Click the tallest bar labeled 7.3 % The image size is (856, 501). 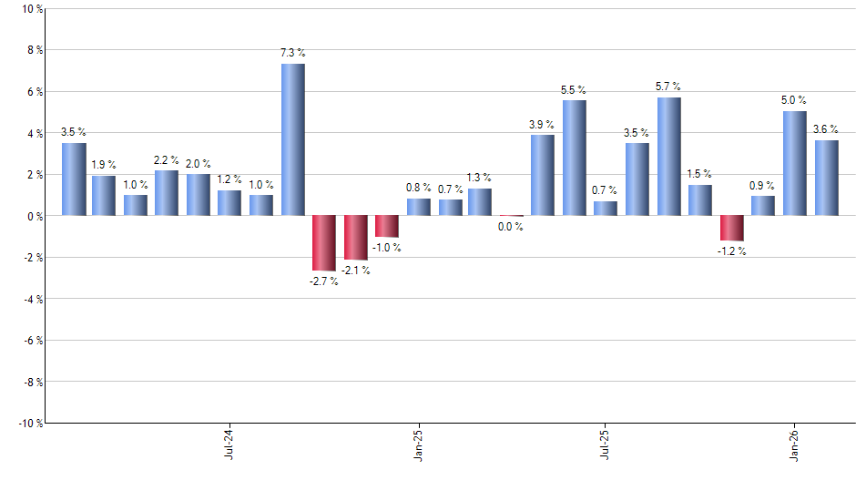pos(292,139)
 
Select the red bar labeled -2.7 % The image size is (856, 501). pos(324,243)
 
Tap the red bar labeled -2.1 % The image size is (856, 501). pos(355,237)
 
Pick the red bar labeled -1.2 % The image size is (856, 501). pos(732,228)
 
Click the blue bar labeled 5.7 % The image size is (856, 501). pos(669,156)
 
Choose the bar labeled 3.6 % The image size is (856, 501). pos(827,178)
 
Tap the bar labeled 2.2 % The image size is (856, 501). pos(167,192)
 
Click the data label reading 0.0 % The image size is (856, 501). pos(511,227)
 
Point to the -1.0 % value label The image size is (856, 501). pos(386,248)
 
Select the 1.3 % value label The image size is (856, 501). pos(480,178)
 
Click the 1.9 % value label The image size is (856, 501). pos(104,165)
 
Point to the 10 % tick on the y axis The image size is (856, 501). pos(31,9)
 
